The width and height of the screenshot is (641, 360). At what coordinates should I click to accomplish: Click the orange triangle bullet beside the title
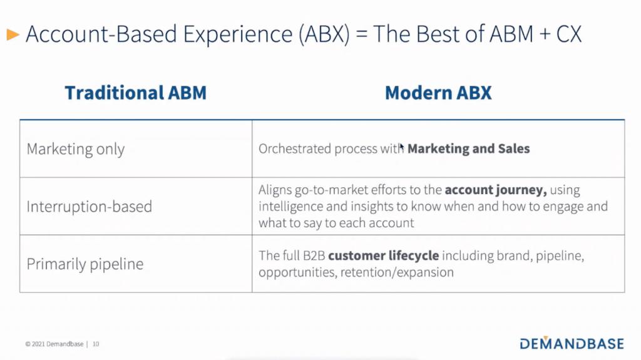(x=13, y=35)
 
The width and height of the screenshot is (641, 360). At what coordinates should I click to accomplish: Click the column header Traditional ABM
(x=136, y=93)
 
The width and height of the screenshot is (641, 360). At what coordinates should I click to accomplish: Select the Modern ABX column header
(x=438, y=93)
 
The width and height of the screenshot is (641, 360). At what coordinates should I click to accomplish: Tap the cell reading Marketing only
(x=76, y=149)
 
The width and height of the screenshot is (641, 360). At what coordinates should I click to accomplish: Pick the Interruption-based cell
(x=89, y=207)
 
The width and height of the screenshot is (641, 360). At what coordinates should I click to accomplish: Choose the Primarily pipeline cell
(x=85, y=264)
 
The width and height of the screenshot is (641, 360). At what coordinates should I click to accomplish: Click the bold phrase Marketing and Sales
(x=468, y=148)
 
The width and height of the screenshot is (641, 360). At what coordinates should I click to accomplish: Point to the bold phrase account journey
(x=496, y=190)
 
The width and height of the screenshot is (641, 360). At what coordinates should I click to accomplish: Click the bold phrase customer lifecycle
(x=384, y=255)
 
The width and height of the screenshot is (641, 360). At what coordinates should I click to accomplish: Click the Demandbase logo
(x=572, y=343)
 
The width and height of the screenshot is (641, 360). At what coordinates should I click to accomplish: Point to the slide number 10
(x=96, y=344)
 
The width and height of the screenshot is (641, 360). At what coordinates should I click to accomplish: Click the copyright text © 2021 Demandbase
(x=54, y=344)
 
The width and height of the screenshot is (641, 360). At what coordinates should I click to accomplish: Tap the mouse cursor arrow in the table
(x=402, y=148)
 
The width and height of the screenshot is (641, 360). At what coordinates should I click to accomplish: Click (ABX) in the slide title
(x=324, y=34)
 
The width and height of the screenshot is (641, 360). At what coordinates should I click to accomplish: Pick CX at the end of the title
(x=568, y=34)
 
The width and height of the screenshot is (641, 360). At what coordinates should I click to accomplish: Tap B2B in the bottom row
(x=314, y=255)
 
